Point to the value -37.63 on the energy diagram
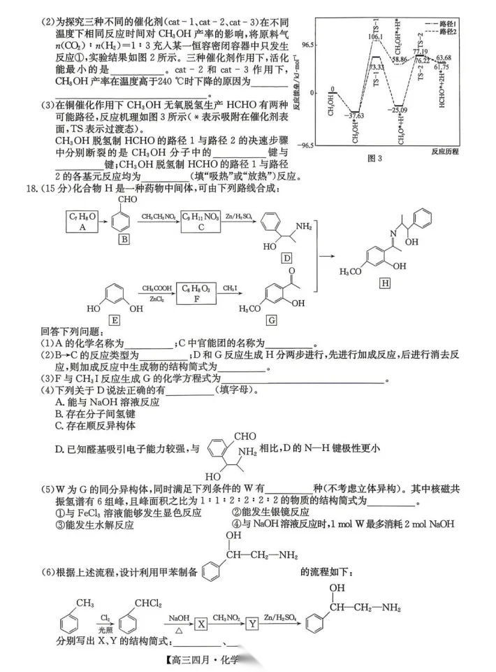(x=357, y=116)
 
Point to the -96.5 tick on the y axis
(x=305, y=145)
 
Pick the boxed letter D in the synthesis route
(x=286, y=259)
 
